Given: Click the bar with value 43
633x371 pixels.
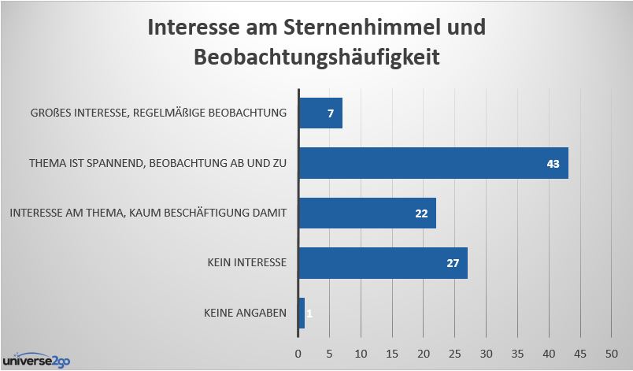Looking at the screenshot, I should [x=433, y=163].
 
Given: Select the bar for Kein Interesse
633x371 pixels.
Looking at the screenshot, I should [x=383, y=263].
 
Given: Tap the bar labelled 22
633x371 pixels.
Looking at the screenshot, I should [x=367, y=213].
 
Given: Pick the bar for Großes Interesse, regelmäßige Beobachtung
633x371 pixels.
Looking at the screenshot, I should [x=320, y=113].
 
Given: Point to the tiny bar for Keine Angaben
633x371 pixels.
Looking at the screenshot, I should [x=302, y=313].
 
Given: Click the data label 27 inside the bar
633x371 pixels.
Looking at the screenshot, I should [x=453, y=263].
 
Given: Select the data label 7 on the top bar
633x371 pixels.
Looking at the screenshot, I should [x=331, y=113].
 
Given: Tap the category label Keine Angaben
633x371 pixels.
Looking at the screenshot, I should [x=244, y=313].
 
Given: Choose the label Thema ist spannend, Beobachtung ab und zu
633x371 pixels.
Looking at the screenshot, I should [x=157, y=163].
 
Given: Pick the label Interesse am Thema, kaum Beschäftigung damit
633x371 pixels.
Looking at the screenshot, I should [x=147, y=213].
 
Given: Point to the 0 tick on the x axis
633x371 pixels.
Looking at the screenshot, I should [x=298, y=352].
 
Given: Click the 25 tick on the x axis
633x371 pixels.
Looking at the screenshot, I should [x=455, y=352].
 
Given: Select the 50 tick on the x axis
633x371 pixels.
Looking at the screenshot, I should [x=612, y=352].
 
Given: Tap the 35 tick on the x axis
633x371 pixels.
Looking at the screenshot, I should [x=518, y=352].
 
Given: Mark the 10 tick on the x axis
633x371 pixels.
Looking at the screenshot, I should [x=361, y=352].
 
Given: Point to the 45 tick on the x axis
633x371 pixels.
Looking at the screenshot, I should [x=580, y=352].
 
